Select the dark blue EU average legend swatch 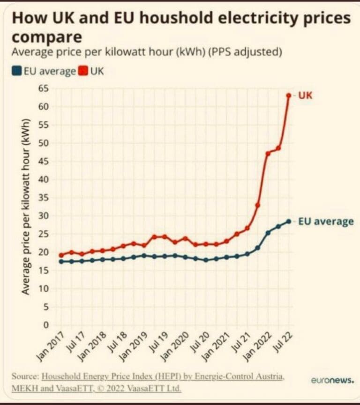click(x=16, y=72)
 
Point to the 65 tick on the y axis click(x=44, y=88)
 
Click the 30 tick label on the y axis click(x=44, y=215)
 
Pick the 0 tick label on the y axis click(x=46, y=325)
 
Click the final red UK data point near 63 click(x=288, y=96)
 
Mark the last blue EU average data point click(x=288, y=221)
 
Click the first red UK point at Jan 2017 click(x=61, y=255)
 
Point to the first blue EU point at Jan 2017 click(x=61, y=261)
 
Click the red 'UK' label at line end click(x=305, y=96)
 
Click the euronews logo click(x=332, y=380)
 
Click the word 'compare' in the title click(x=46, y=37)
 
